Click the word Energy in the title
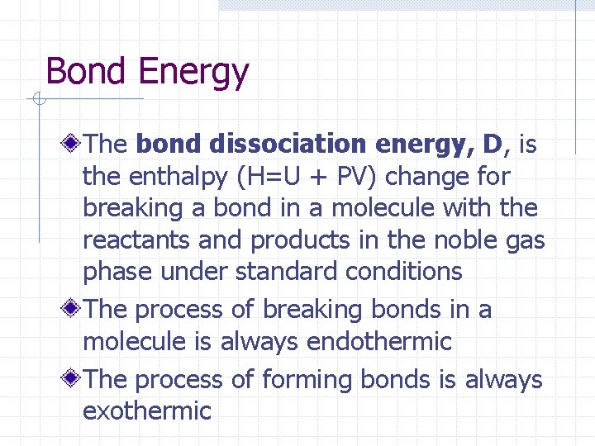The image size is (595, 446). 193,73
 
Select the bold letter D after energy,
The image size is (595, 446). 493,145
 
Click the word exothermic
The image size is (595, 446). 147,410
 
